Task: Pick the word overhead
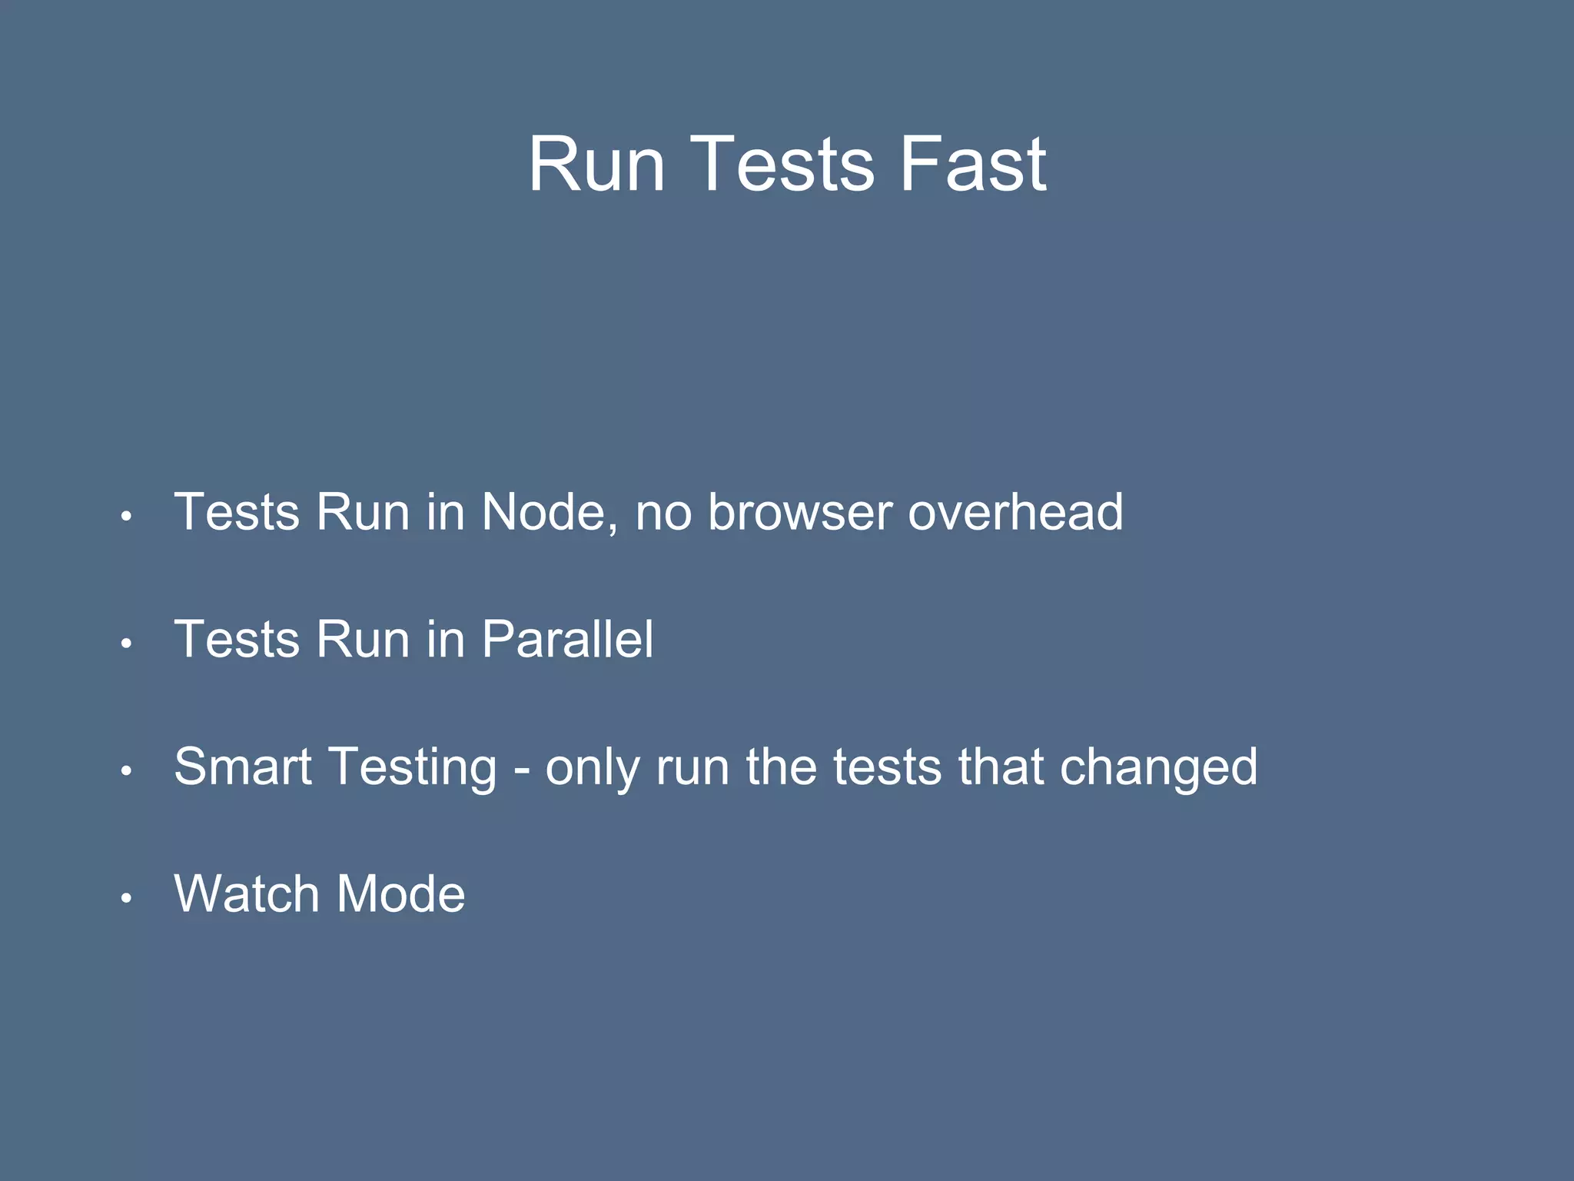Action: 1015,511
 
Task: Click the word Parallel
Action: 567,639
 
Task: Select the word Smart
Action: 243,767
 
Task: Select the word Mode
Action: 400,893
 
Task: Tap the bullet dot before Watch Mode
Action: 127,897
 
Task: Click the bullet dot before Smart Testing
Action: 127,770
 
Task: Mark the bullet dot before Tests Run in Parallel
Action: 127,643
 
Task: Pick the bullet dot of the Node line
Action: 127,516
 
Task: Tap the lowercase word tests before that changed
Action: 888,768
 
